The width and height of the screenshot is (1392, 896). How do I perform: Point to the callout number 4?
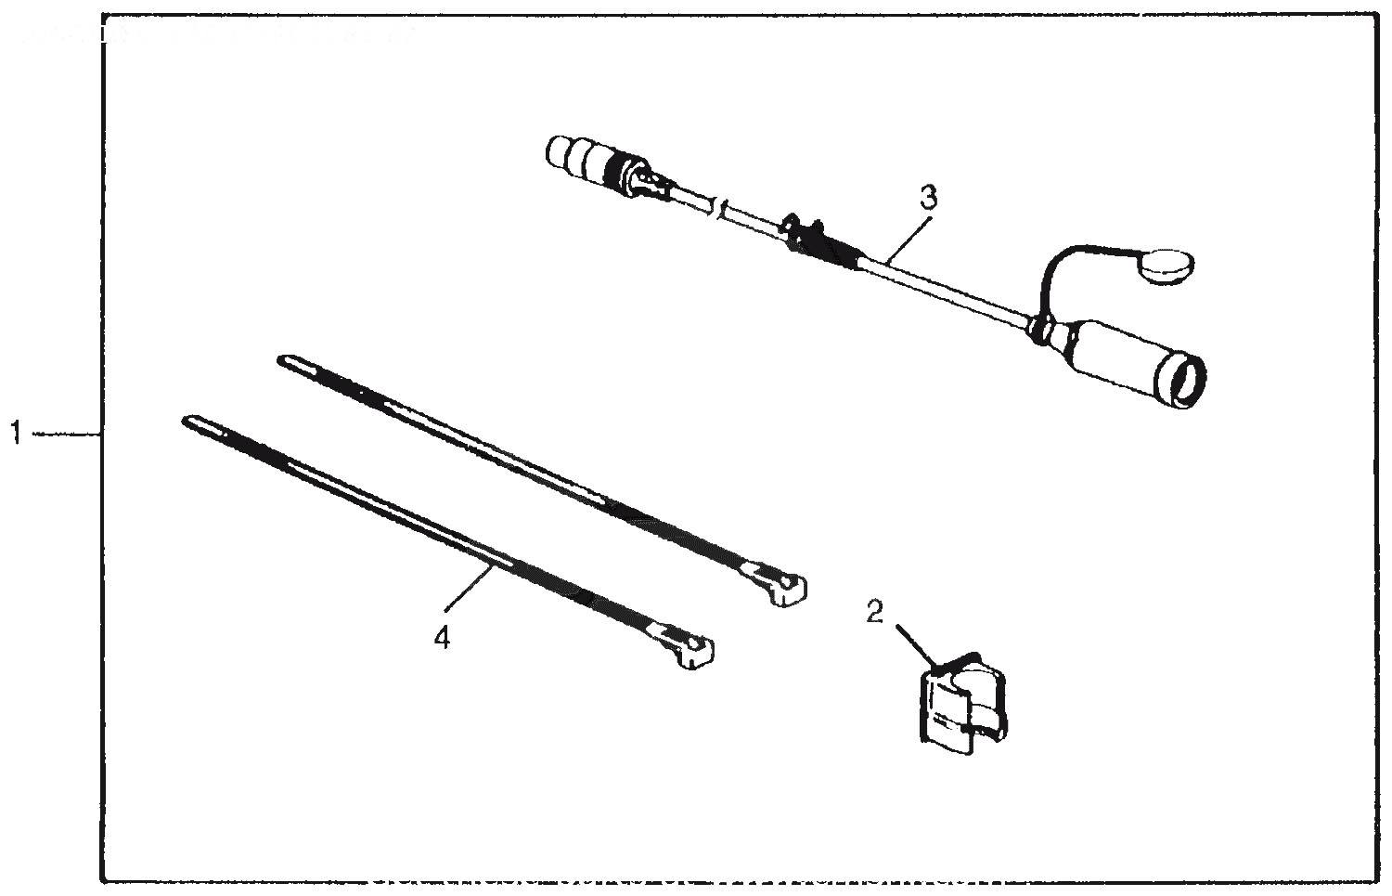click(x=441, y=638)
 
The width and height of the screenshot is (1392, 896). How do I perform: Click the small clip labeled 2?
click(x=962, y=705)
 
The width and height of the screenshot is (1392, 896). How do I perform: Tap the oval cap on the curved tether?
click(x=1166, y=268)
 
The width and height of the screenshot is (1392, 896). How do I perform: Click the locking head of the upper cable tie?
click(x=784, y=587)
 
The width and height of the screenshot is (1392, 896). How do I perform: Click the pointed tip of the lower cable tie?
click(x=187, y=421)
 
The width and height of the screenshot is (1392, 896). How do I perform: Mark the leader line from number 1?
click(x=66, y=434)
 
